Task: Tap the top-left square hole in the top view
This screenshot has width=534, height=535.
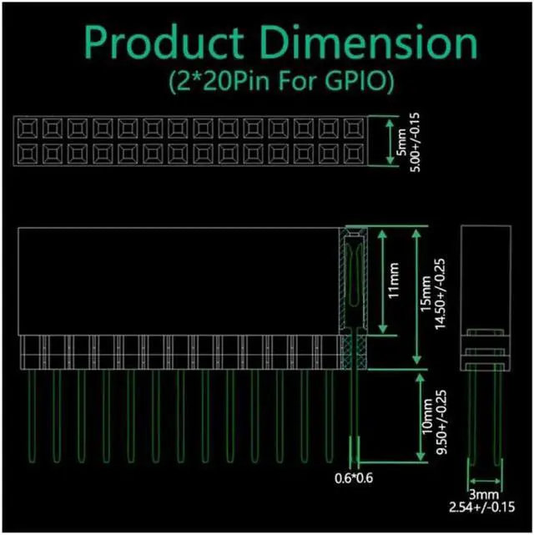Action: [27, 127]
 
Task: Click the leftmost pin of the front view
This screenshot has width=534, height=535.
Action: [32, 417]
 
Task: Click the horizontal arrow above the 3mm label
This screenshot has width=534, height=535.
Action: [486, 482]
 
